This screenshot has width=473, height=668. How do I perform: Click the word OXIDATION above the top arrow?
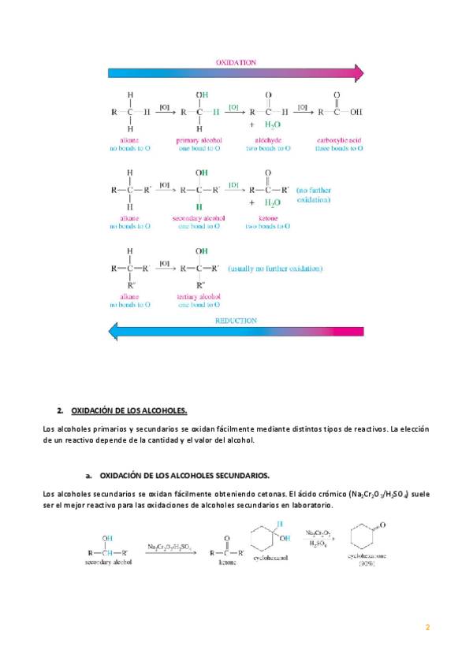236,61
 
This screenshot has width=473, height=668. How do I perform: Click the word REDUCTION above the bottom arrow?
236,321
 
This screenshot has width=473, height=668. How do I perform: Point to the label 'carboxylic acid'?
337,139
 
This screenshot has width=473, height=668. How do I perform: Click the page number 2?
427,627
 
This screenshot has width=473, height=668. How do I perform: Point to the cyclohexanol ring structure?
264,548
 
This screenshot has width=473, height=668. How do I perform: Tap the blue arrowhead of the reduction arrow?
114,332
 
